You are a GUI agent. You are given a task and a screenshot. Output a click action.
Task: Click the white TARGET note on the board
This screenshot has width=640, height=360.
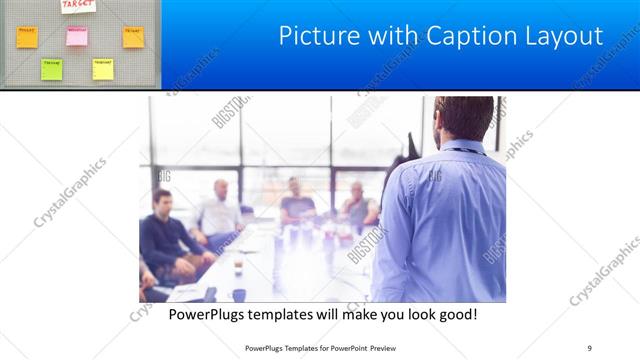point(78,6)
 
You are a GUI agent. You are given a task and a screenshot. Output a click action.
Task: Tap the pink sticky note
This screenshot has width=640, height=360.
point(77,37)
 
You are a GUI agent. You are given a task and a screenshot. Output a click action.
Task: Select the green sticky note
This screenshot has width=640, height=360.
point(51,68)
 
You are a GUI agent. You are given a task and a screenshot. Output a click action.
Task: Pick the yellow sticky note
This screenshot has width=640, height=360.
point(103,68)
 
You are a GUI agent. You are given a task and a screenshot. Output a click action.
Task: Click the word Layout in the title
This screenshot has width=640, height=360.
point(567,37)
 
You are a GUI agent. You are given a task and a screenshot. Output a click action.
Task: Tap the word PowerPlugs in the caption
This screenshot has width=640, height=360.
point(212,315)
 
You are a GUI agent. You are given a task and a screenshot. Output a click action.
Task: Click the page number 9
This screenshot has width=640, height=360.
point(589,347)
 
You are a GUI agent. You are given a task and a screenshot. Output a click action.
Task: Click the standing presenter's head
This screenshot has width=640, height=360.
point(462,118)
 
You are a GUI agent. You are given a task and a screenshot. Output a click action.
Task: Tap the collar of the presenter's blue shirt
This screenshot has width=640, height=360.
point(462,148)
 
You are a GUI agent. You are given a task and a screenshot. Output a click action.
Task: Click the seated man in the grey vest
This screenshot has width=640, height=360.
point(357,207)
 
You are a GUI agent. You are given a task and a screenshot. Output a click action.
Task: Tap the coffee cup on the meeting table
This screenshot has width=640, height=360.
point(237,267)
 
